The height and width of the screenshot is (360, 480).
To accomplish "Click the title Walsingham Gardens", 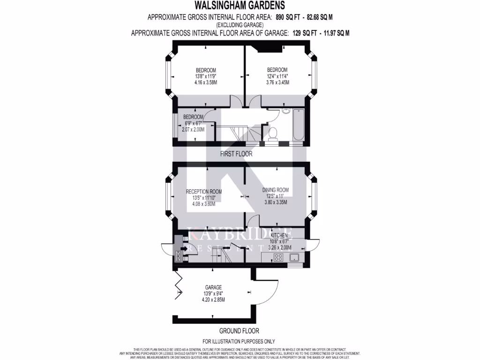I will coord(240,6).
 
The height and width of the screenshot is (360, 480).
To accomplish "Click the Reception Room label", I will coord(203,191).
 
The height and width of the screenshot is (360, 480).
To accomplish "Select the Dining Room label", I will coord(275,190).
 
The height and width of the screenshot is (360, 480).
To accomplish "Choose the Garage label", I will coord(213,287).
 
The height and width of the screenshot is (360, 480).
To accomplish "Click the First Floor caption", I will coord(236,154).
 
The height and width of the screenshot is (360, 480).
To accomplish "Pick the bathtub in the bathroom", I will coord(299,124).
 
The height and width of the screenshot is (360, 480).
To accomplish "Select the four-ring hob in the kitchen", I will coord(278,257).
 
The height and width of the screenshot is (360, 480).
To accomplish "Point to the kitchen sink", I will coord(295,257).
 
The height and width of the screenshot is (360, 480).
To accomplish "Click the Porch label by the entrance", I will coord(178,256).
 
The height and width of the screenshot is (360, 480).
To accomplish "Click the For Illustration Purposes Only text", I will coord(239,341).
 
